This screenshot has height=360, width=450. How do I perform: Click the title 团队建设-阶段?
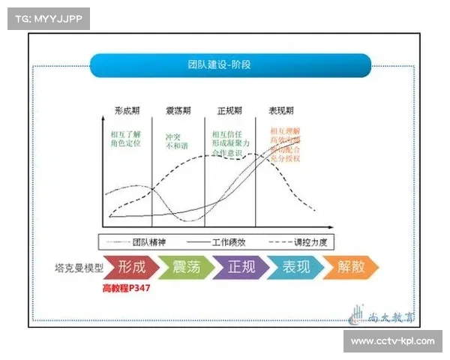[220, 65]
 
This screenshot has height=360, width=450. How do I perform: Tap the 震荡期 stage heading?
[179, 111]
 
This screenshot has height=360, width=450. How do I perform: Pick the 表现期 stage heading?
[280, 111]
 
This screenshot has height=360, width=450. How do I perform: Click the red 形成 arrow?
[131, 267]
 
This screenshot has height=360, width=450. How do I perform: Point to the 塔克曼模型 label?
[76, 268]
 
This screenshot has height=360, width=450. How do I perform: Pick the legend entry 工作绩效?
[225, 241]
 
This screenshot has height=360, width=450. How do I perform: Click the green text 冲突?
[173, 139]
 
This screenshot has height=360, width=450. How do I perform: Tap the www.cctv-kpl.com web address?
[392, 342]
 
